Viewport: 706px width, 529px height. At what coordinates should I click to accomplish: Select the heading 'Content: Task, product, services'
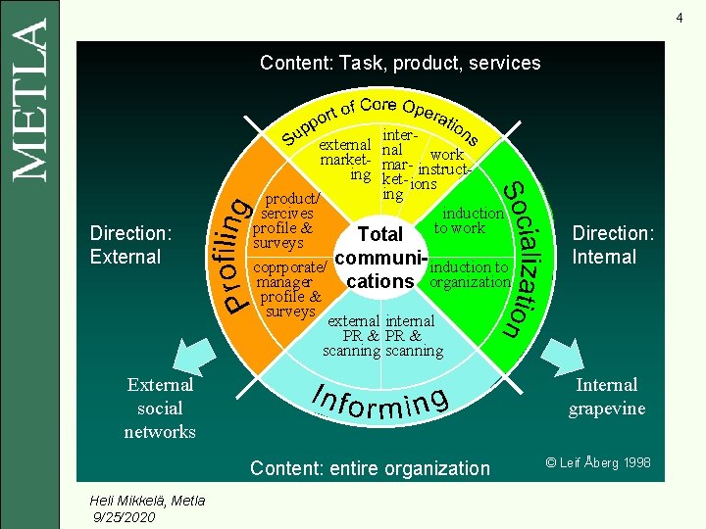[x=400, y=63]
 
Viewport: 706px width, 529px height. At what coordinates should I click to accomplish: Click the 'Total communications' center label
[x=380, y=258]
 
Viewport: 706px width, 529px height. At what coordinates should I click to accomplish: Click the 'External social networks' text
[x=160, y=408]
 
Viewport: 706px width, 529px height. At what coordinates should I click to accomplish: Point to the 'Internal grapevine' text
[x=607, y=396]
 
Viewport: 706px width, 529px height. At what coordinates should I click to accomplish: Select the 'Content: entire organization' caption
[x=370, y=468]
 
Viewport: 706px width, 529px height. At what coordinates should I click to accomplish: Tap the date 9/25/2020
[x=123, y=516]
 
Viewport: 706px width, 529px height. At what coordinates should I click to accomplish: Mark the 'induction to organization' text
[x=471, y=274]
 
